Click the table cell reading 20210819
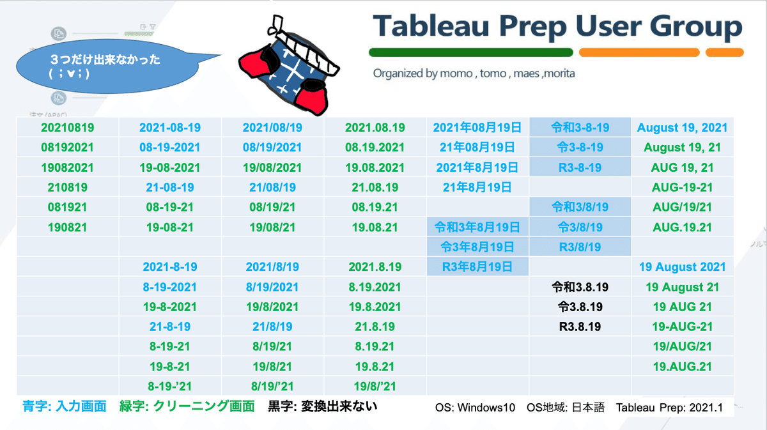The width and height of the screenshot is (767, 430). (x=68, y=127)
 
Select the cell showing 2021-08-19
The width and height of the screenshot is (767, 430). (x=170, y=127)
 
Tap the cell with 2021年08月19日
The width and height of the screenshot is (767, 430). (x=477, y=127)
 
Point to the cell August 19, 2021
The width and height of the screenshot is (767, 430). (x=682, y=127)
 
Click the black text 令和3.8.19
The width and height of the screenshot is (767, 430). (x=580, y=287)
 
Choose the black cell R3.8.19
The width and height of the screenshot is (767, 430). (x=580, y=326)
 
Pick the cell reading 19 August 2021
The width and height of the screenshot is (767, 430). (x=682, y=266)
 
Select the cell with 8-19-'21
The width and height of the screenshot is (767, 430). (x=170, y=386)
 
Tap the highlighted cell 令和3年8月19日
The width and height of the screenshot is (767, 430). (x=477, y=227)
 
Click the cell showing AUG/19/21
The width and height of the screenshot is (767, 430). (x=682, y=207)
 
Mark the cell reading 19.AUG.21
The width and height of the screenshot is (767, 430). (x=682, y=367)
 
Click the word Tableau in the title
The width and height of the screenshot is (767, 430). (x=431, y=26)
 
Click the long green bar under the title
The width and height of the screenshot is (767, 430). (x=471, y=52)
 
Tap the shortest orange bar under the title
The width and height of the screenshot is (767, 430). (x=725, y=52)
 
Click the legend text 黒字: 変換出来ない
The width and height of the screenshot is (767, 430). (x=323, y=406)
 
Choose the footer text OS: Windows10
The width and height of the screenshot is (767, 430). (x=475, y=408)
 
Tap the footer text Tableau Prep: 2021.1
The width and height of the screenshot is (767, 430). (x=669, y=408)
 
